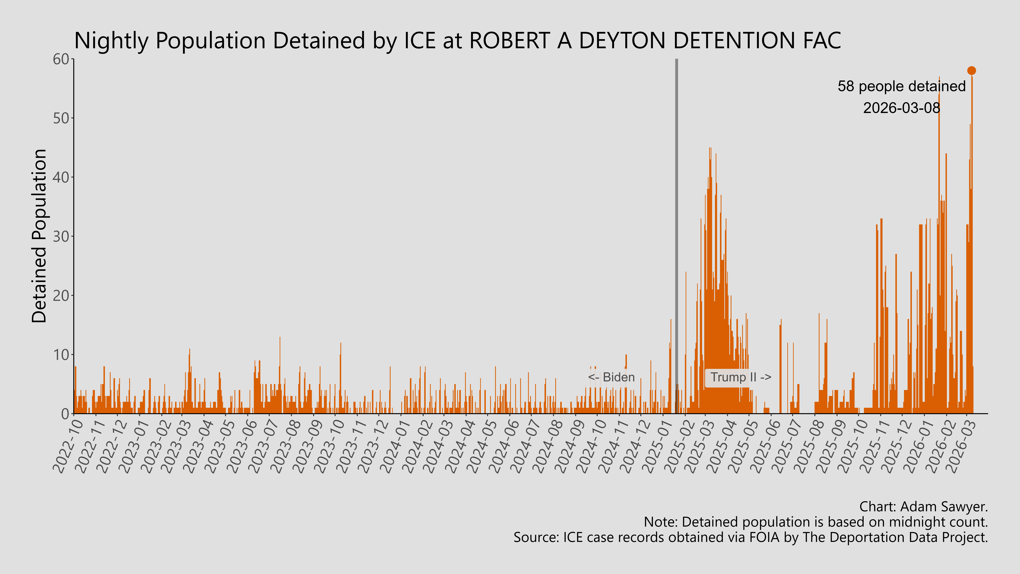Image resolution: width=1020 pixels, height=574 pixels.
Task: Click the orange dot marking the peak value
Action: click(971, 70)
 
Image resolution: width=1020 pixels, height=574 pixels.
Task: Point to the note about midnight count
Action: click(816, 522)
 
